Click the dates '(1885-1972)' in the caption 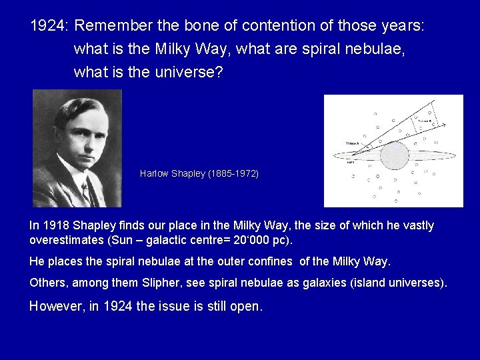coord(233,173)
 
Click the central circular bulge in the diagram coord(394,155)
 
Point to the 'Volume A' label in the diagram coord(353,143)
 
